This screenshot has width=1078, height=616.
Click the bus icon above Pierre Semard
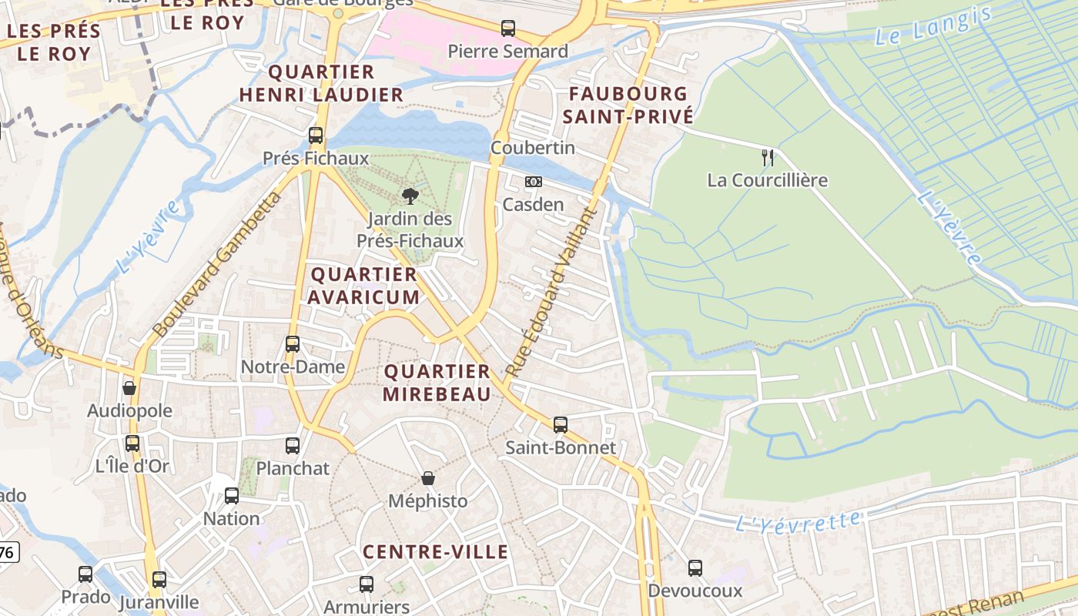pyautogui.click(x=508, y=28)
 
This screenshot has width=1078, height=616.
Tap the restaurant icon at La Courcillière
pyautogui.click(x=767, y=158)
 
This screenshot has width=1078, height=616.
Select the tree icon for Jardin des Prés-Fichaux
pyautogui.click(x=410, y=196)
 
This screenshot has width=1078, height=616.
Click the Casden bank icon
pyautogui.click(x=533, y=182)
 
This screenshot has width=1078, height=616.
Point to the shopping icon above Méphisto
pyautogui.click(x=428, y=478)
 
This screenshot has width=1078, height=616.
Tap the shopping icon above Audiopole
pyautogui.click(x=129, y=388)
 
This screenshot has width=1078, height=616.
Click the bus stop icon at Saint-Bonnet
pyautogui.click(x=561, y=424)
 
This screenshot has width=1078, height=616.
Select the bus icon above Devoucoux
pyautogui.click(x=695, y=568)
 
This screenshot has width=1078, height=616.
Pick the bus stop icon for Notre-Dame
pyautogui.click(x=293, y=344)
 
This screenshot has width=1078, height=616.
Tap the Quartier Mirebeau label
pyautogui.click(x=437, y=383)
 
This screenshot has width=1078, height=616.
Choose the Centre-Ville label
pyautogui.click(x=435, y=552)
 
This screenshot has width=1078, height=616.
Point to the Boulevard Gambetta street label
pyautogui.click(x=217, y=265)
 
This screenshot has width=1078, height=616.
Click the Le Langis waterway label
pyautogui.click(x=932, y=26)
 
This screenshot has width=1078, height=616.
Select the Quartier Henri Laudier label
pyautogui.click(x=321, y=83)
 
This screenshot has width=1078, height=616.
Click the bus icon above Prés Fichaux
pyautogui.click(x=316, y=136)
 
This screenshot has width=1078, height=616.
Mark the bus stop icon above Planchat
pyautogui.click(x=293, y=445)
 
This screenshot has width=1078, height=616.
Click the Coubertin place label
pyautogui.click(x=533, y=147)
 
